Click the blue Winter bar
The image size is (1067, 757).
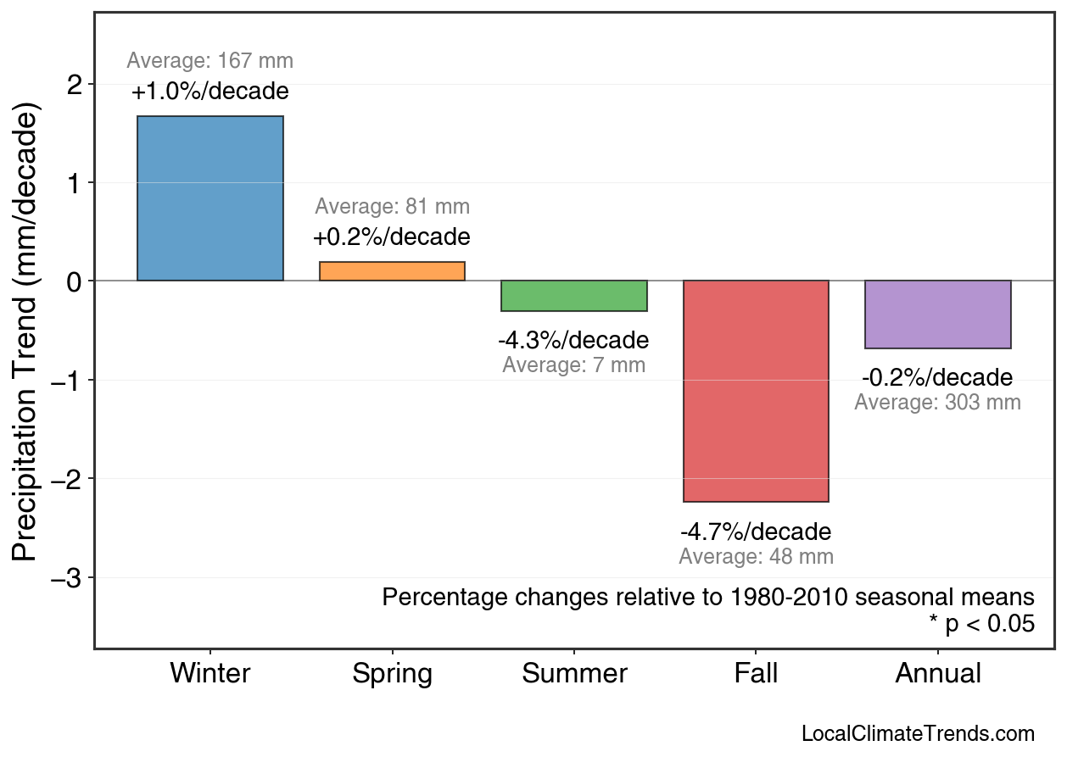click(x=210, y=198)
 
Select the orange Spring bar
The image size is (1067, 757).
click(x=392, y=271)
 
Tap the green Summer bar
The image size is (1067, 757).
click(x=574, y=296)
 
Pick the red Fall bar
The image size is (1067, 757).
click(x=756, y=391)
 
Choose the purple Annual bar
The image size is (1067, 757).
click(x=937, y=314)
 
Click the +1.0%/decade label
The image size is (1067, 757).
click(x=210, y=92)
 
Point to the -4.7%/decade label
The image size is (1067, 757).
click(x=756, y=532)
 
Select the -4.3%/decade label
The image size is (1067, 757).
click(x=573, y=341)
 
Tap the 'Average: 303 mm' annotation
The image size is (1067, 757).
click(x=937, y=403)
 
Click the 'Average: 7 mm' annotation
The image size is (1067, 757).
click(x=573, y=365)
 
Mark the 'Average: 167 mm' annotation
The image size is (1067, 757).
click(x=210, y=61)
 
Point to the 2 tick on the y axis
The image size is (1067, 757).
click(x=77, y=85)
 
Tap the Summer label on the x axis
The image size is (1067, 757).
click(x=574, y=674)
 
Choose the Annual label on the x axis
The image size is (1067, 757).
click(x=938, y=674)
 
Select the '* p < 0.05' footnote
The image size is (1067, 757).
click(x=981, y=624)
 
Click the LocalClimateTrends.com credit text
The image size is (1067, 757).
click(x=918, y=734)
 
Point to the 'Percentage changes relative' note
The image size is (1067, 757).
click(x=708, y=597)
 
